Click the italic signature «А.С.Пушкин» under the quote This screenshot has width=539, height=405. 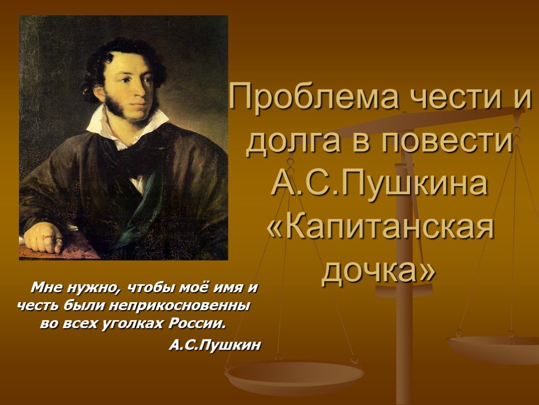pos(215,345)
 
